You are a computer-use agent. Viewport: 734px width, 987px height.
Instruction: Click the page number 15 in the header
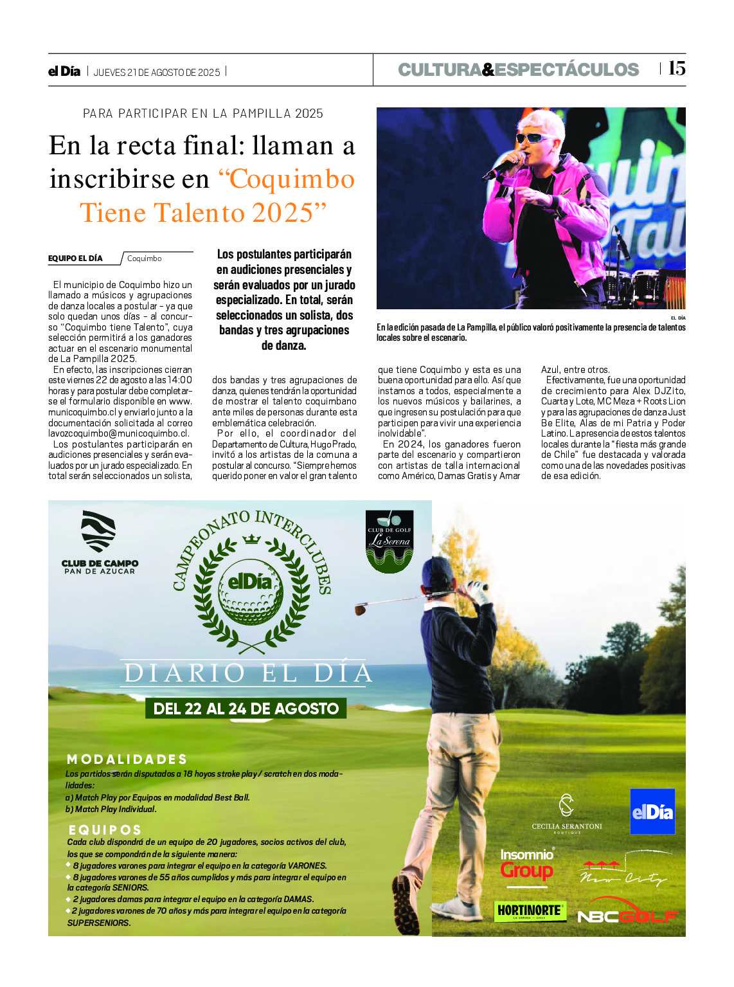[x=677, y=68]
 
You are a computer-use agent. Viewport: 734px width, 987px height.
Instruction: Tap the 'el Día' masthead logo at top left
[x=64, y=71]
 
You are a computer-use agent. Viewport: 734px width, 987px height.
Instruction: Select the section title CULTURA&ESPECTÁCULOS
[x=518, y=69]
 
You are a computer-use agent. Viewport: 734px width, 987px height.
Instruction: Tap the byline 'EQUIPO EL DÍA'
[x=75, y=258]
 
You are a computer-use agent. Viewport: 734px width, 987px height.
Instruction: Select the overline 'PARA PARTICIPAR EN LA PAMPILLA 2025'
[x=203, y=114]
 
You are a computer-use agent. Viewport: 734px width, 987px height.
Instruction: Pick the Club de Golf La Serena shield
[x=389, y=540]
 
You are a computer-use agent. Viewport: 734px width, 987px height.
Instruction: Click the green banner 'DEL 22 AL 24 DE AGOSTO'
[x=246, y=709]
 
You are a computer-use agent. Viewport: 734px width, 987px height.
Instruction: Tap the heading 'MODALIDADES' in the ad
[x=127, y=759]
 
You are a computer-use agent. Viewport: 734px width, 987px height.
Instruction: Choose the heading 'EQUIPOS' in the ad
[x=105, y=830]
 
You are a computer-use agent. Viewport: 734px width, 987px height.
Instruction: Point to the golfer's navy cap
[x=438, y=570]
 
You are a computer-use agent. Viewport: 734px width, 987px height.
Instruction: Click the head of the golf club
[x=360, y=609]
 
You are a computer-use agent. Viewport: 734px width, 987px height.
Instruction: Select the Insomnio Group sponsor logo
[x=527, y=865]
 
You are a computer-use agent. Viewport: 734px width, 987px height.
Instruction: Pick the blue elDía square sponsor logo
[x=652, y=811]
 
